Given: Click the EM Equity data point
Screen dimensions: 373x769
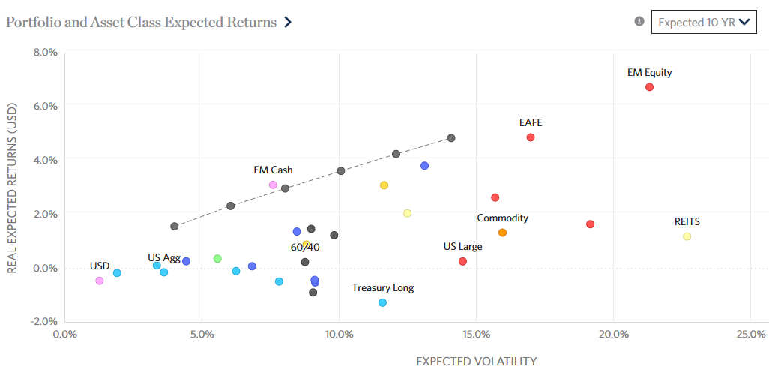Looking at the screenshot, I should pos(649,87).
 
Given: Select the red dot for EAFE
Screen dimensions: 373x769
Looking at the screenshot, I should pos(531,137).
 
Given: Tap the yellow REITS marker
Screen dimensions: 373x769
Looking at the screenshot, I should pos(687,236).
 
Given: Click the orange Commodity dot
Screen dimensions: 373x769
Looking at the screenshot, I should pos(502,233).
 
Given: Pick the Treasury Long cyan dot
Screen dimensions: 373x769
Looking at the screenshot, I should pos(382,302).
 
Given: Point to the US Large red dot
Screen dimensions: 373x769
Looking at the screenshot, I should pos(462,261).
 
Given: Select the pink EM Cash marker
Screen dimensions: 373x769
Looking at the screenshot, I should pos(273,185).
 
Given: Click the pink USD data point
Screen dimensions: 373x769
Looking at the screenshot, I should pos(99,281).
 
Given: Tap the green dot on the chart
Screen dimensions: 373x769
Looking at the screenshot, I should pos(217,258).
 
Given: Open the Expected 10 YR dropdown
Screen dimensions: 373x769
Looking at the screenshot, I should pos(703,22).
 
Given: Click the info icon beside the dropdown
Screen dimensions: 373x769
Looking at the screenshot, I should pos(639,21).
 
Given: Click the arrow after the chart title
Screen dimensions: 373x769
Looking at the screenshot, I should pos(288,22).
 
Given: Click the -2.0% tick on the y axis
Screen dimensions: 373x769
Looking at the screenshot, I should pos(42,322).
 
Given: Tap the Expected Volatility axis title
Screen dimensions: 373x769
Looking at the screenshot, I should pos(477,361).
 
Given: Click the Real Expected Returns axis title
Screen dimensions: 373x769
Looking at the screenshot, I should pos(13,187).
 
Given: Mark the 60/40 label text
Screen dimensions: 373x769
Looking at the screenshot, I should pos(305,247).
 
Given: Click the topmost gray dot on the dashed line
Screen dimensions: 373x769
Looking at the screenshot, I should pos(451,138).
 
